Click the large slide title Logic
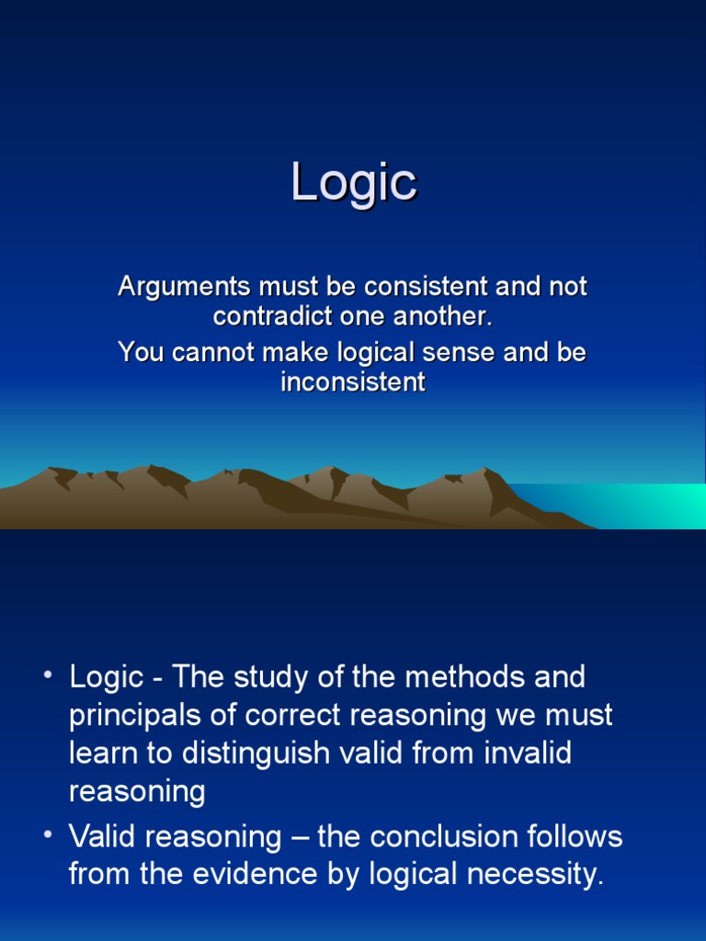(354, 183)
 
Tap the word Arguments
(184, 288)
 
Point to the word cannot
(213, 352)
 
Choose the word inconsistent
(353, 382)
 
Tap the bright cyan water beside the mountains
(631, 505)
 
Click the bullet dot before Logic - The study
(48, 675)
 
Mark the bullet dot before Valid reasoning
(48, 834)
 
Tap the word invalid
(528, 754)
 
